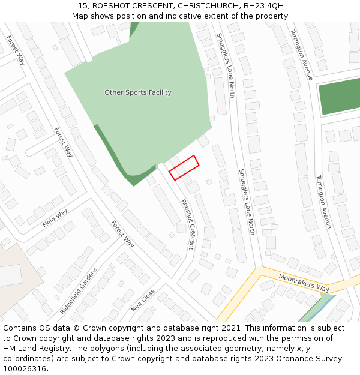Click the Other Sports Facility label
[x=138, y=92]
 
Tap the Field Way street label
[x=55, y=218]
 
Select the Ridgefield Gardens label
[x=79, y=291]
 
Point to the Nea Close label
[x=143, y=300]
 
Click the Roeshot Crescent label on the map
[x=188, y=224]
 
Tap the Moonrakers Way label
[x=304, y=281]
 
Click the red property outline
[x=184, y=167]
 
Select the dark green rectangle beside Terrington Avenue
[x=338, y=96]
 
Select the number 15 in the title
[x=83, y=5]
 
